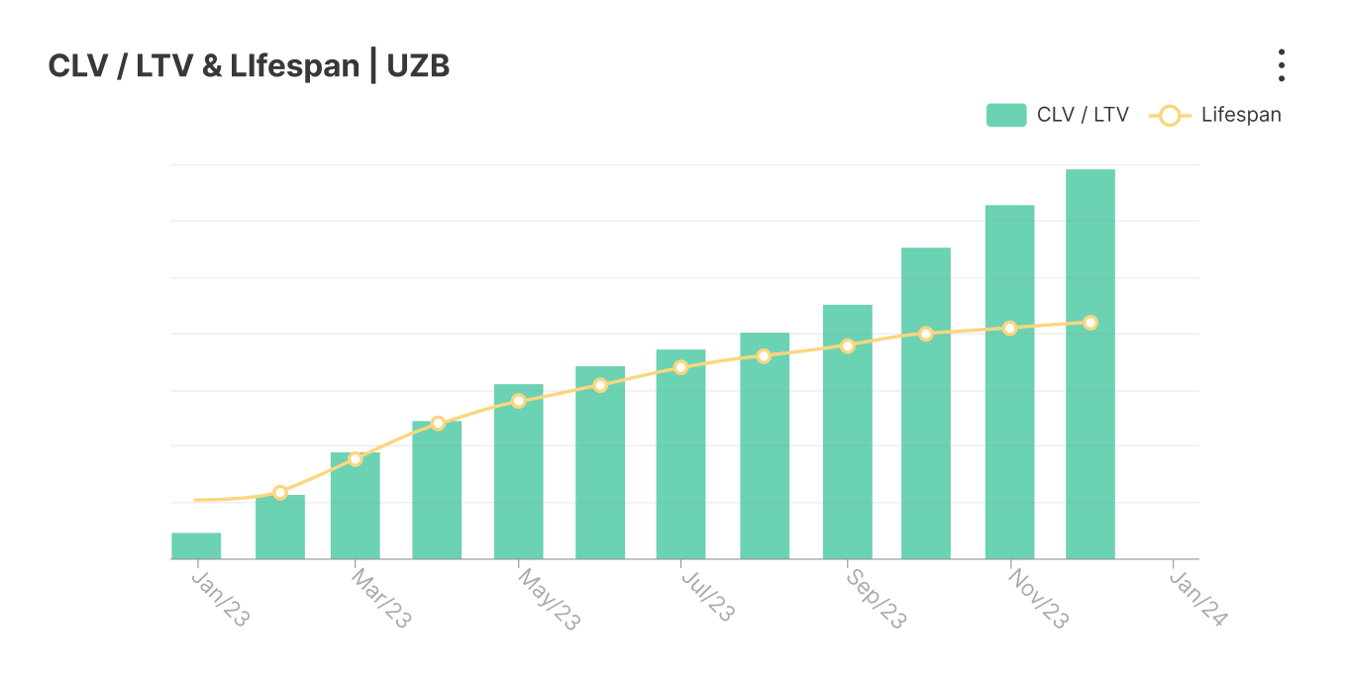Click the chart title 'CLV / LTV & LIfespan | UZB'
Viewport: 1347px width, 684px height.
(249, 66)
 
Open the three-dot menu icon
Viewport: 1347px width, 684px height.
(1281, 65)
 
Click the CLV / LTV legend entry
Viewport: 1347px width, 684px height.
(1057, 115)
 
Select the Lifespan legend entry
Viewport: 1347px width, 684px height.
(1215, 115)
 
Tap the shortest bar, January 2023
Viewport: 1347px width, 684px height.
(196, 546)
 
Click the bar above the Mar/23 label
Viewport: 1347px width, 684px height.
(356, 506)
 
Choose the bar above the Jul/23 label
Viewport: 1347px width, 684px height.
(680, 454)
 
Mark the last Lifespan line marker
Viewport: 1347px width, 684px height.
(1090, 323)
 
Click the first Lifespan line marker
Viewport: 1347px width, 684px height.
(280, 493)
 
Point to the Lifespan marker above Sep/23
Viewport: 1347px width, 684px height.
(848, 346)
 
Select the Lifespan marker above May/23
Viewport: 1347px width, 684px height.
(518, 401)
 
